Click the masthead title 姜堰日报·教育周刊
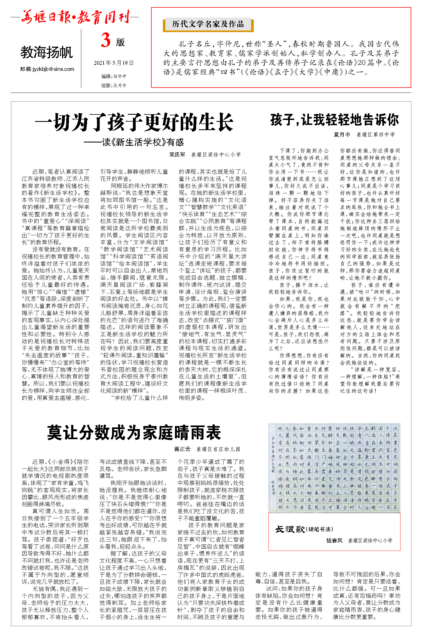[x=75, y=17]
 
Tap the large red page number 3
[x=106, y=41]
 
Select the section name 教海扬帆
[x=46, y=52]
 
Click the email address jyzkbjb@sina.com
[x=47, y=69]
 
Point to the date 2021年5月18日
[x=113, y=63]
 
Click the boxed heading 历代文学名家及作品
[x=208, y=24]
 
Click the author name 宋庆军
[x=177, y=155]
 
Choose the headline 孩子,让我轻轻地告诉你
[x=334, y=120]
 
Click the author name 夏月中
[x=342, y=135]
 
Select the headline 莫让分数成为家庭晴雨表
[x=134, y=433]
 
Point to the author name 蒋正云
[x=182, y=449]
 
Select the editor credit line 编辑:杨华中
[x=114, y=76]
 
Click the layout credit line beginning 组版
[x=114, y=85]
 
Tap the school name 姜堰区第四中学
[x=375, y=135]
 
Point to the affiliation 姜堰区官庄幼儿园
[x=218, y=449]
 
